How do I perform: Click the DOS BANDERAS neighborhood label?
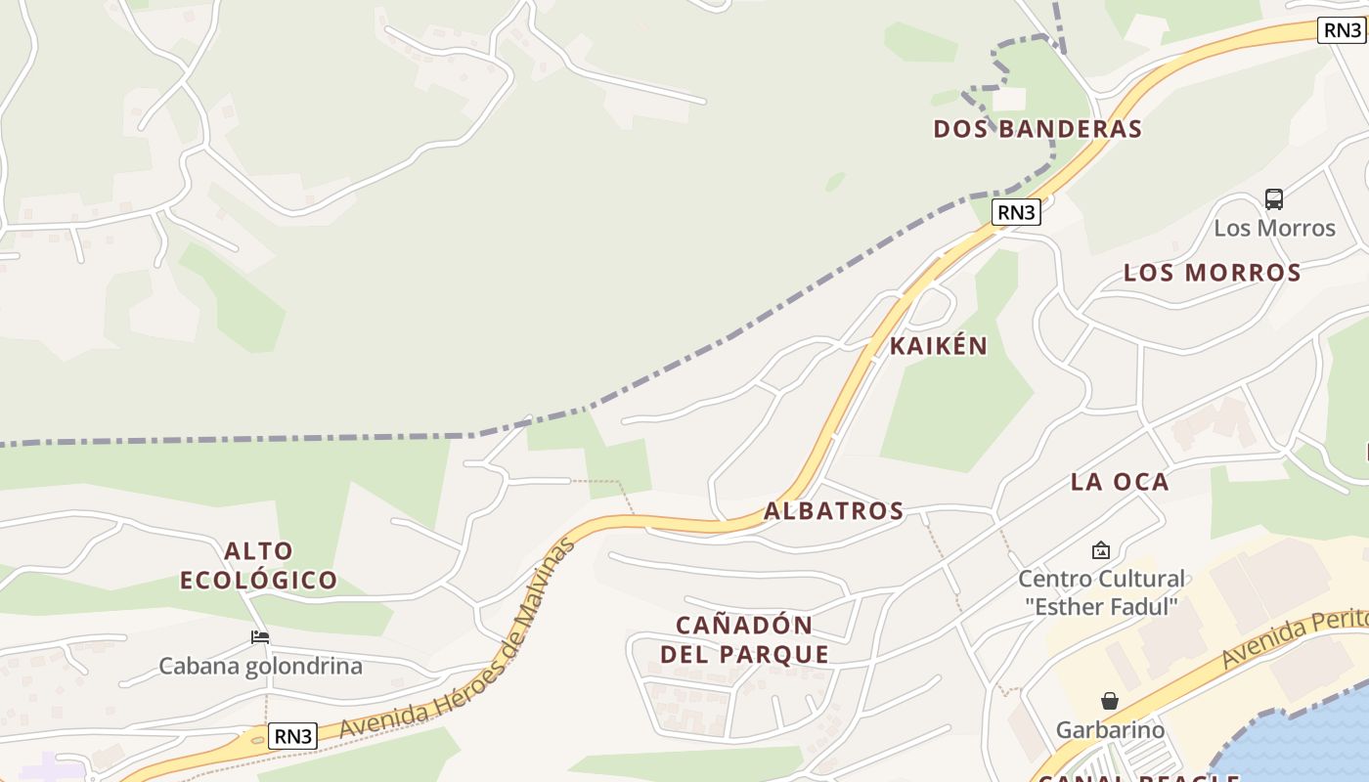tap(1038, 129)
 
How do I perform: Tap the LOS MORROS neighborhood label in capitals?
tap(1212, 273)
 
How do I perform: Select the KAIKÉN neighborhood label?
tap(939, 346)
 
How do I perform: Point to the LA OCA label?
tap(1120, 481)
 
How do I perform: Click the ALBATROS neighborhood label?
tap(833, 510)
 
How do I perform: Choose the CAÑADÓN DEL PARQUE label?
tap(744, 639)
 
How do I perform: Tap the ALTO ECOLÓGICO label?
tap(259, 565)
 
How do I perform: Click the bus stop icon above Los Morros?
tap(1273, 199)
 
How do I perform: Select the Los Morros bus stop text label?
tap(1274, 228)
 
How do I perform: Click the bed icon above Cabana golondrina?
tap(260, 637)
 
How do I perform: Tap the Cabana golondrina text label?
tap(260, 667)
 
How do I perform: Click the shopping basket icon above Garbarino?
tap(1109, 701)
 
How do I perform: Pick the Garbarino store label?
tap(1110, 729)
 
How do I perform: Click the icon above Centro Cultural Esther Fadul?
tap(1101, 550)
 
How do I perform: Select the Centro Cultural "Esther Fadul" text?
tap(1101, 592)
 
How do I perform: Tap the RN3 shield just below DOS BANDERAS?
tap(1016, 212)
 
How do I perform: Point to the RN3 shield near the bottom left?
tap(292, 736)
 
